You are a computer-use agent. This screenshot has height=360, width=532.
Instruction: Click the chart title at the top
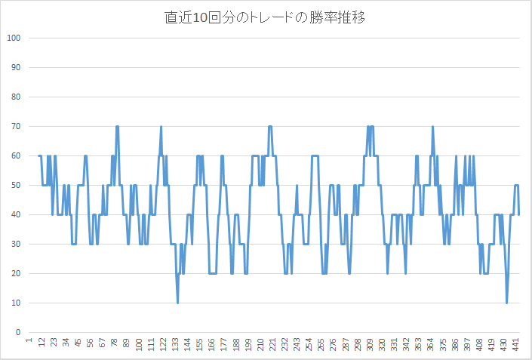pyautogui.click(x=266, y=18)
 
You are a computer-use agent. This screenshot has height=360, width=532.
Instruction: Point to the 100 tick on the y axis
pyautogui.click(x=13, y=38)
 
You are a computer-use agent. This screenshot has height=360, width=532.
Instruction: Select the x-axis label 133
pyautogui.click(x=176, y=344)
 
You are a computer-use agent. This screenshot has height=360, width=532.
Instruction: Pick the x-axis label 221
pyautogui.click(x=273, y=344)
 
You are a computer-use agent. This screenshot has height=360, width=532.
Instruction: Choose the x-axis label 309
pyautogui.click(x=371, y=344)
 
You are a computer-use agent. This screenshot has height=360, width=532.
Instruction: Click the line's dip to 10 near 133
pyautogui.click(x=178, y=303)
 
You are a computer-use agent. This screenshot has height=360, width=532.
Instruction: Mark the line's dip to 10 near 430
pyautogui.click(x=506, y=303)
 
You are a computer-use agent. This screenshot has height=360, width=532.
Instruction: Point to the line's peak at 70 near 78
pyautogui.click(x=117, y=127)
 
